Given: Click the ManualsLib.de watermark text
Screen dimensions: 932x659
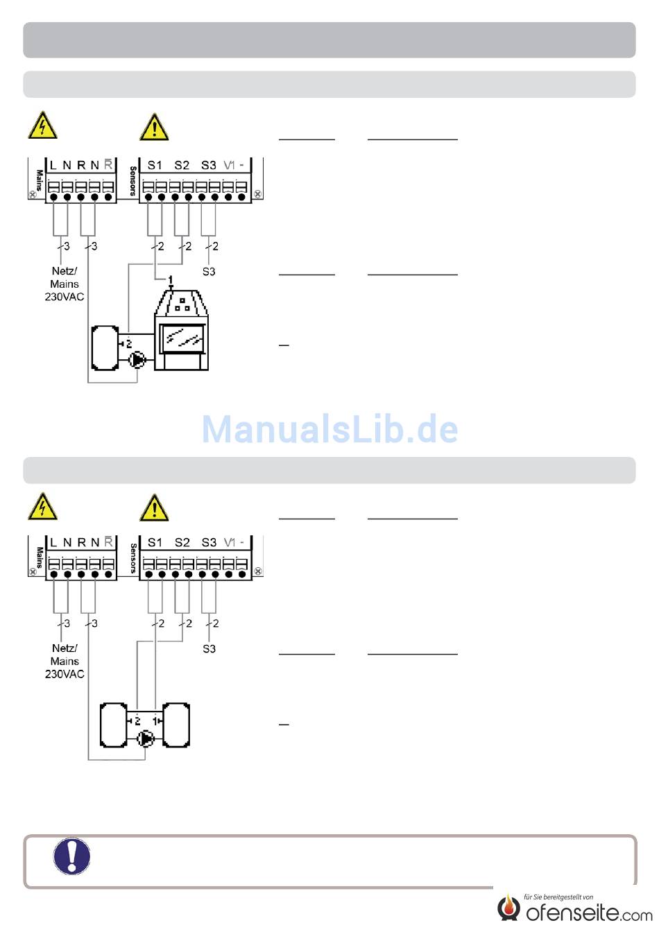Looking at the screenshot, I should coord(329,429).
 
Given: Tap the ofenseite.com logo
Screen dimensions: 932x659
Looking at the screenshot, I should coord(575,908).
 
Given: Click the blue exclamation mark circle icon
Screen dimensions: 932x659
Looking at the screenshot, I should coord(71,856).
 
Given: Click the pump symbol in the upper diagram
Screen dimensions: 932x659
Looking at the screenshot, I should coord(137,359).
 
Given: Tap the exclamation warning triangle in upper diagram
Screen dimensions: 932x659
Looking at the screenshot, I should coord(154,127).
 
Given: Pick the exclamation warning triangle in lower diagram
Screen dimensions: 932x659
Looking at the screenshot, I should coord(154,508).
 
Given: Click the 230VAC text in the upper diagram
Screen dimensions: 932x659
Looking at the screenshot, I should coord(65,297).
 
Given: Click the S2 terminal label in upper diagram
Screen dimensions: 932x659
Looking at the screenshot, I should coord(182,165).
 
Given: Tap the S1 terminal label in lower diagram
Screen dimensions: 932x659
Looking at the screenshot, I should coord(155,542).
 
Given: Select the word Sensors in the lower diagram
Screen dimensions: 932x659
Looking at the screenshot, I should coord(132,558).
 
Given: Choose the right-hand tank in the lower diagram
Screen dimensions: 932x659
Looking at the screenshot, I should coord(176,725).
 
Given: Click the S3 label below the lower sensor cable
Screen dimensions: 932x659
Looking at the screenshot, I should coord(209,649).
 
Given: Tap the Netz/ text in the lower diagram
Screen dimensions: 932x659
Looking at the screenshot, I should coord(65,648).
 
